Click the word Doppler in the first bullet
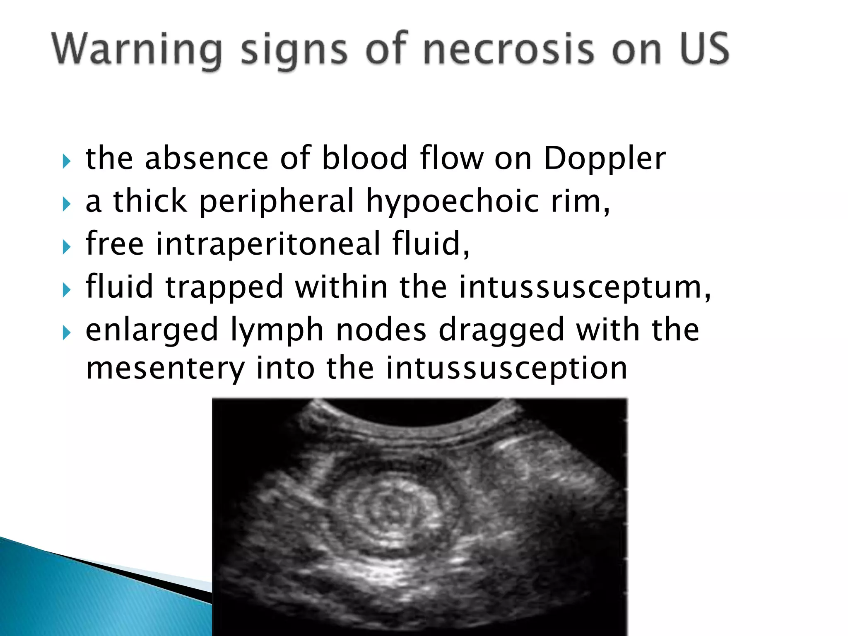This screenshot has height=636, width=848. coord(605,159)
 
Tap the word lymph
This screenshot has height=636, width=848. coord(277,330)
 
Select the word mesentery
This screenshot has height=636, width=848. coord(165,369)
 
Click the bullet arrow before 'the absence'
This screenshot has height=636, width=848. coord(66,161)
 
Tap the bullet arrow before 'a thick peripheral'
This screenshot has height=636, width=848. coord(66,204)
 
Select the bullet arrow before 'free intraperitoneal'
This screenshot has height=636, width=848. coord(66,247)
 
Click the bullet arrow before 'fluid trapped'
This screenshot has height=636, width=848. coord(66,290)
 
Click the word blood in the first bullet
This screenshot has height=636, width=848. coord(365,158)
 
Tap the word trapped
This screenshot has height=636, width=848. coord(224,287)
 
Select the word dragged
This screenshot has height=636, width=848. coord(501,330)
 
